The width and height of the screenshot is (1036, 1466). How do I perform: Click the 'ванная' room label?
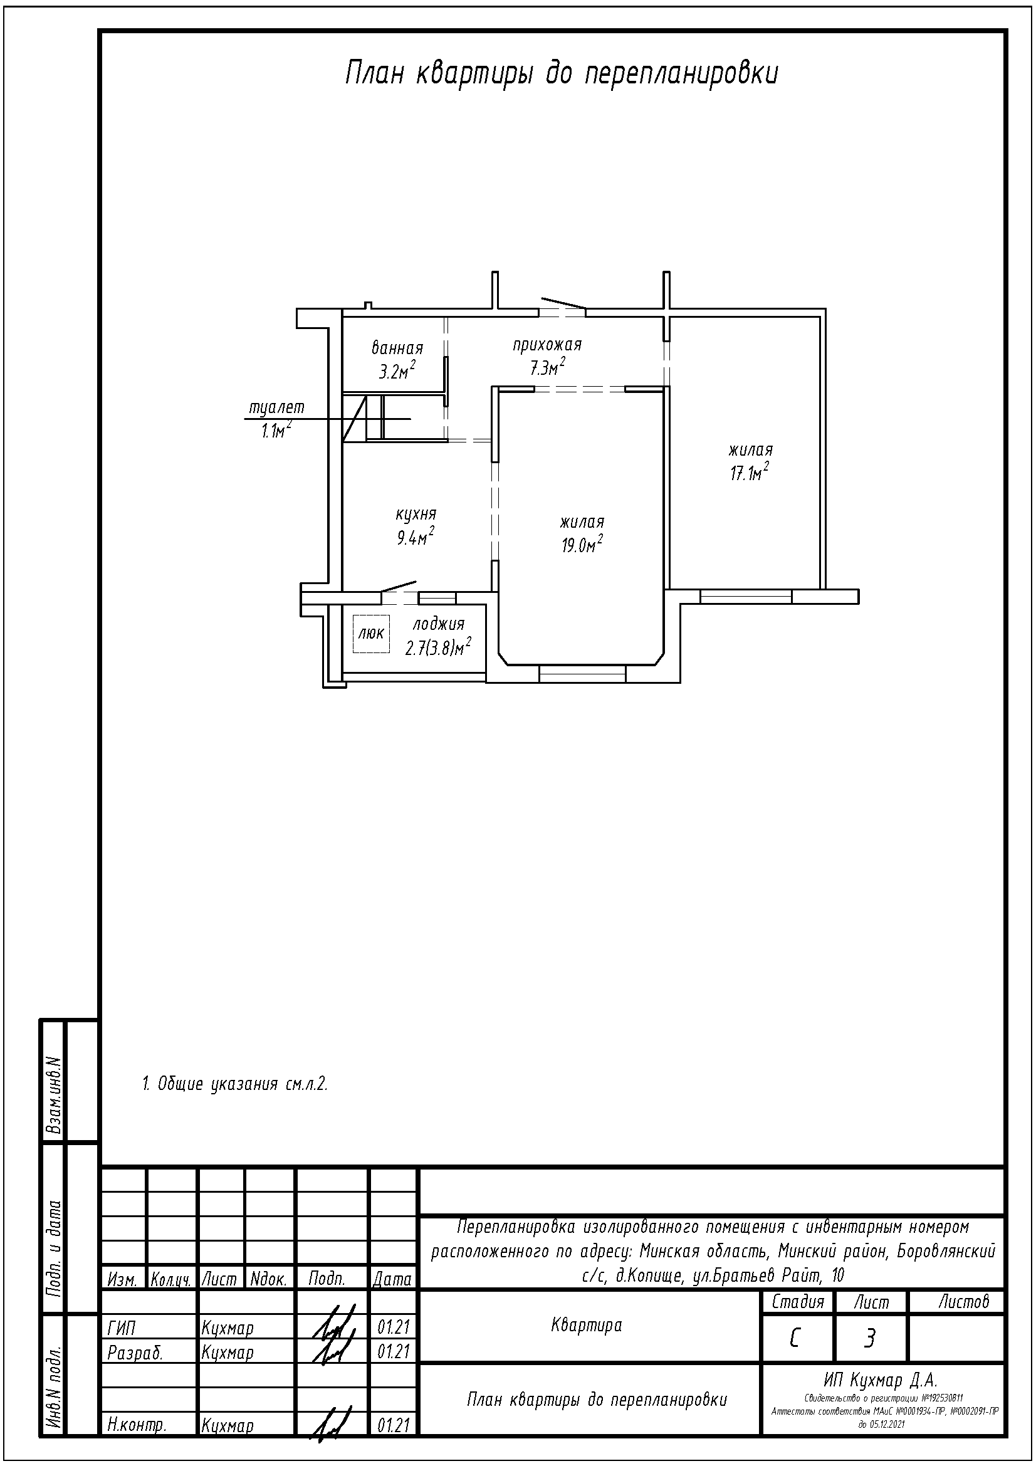coord(397,348)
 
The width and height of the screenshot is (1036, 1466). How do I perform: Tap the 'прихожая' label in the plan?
coord(547,345)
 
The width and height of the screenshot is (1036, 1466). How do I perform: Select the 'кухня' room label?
coord(416,514)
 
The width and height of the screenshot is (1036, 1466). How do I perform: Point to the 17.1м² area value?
coord(750,473)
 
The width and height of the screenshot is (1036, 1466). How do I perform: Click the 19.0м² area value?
coord(582,545)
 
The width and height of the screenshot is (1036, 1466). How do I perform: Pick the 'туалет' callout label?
coord(276,407)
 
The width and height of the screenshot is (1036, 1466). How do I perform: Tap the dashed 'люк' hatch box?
coord(372,633)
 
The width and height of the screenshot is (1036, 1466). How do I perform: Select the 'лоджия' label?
coord(439,624)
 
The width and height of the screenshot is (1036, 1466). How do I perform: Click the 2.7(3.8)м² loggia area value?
coord(439,647)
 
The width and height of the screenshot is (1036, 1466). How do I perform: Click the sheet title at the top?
coord(562,73)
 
